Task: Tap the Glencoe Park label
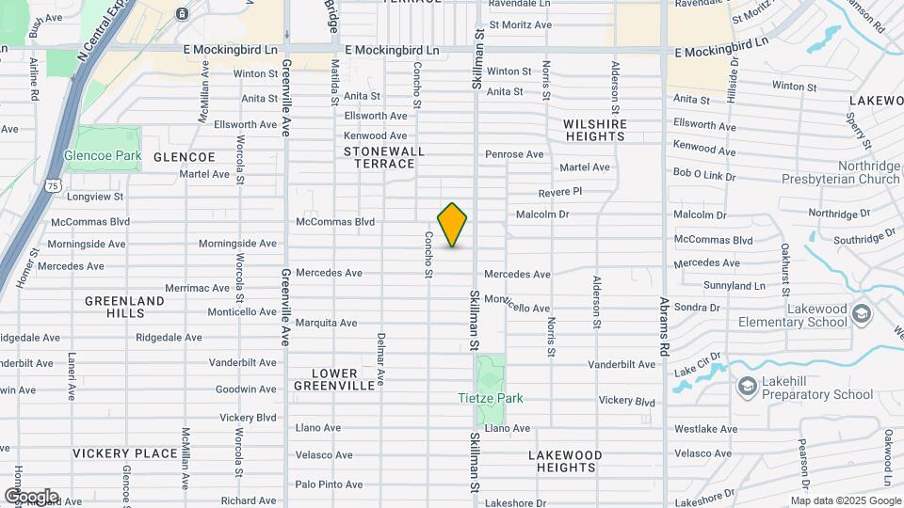(102, 155)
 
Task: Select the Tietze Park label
(490, 398)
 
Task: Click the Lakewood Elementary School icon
(862, 313)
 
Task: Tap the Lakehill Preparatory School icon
(747, 387)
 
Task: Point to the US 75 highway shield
(54, 186)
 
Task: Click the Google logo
(31, 496)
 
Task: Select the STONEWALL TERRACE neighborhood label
(384, 157)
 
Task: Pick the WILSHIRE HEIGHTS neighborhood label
(594, 130)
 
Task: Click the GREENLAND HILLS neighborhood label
(124, 307)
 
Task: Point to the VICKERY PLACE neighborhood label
(125, 453)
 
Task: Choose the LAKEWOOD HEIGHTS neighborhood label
(565, 460)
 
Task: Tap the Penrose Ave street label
(514, 154)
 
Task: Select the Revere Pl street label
(560, 192)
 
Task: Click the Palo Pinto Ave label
(329, 484)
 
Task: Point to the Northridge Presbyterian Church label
(841, 171)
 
